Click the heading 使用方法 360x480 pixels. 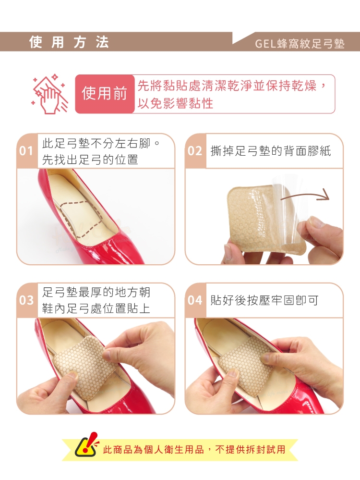69,42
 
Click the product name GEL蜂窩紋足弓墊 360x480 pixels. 300,44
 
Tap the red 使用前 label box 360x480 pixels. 105,94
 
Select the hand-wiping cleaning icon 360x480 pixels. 49,94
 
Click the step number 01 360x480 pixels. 26,150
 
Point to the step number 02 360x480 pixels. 195,150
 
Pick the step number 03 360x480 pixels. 26,300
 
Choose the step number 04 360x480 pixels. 195,300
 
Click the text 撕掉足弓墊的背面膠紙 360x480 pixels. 271,150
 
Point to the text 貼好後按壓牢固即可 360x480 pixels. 264,300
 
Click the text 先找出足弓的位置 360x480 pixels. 90,159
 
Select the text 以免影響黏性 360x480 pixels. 175,103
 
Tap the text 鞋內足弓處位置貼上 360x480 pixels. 96,308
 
